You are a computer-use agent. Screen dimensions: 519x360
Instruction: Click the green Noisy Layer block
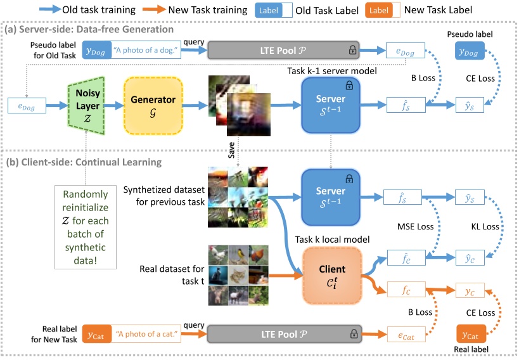pyautogui.click(x=87, y=106)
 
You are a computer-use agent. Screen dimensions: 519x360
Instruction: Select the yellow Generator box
pyautogui.click(x=153, y=106)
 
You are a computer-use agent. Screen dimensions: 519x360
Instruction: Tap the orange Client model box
pyautogui.click(x=332, y=276)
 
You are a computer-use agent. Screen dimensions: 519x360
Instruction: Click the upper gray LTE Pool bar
pyautogui.click(x=283, y=50)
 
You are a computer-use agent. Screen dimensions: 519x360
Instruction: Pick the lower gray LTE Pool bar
pyautogui.click(x=285, y=334)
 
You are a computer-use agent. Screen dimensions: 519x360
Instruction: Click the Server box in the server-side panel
pyautogui.click(x=331, y=105)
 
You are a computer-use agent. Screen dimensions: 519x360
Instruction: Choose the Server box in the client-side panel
pyautogui.click(x=331, y=197)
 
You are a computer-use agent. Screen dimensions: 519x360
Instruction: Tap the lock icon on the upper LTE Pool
pyautogui.click(x=352, y=50)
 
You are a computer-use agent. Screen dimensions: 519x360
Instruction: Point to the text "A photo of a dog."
pyautogui.click(x=146, y=50)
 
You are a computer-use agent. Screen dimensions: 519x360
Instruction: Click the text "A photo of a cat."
pyautogui.click(x=146, y=334)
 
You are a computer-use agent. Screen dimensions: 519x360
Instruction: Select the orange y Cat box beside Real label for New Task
pyautogui.click(x=96, y=334)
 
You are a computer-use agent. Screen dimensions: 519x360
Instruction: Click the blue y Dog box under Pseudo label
pyautogui.click(x=470, y=50)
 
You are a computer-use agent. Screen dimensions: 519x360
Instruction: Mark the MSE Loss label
pyautogui.click(x=416, y=226)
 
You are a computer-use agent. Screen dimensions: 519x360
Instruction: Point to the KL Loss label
pyautogui.click(x=485, y=226)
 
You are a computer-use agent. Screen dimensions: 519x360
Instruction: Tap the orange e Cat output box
pyautogui.click(x=406, y=335)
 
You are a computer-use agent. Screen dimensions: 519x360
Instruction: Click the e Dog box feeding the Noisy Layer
pyautogui.click(x=27, y=106)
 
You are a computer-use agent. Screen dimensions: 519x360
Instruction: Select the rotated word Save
pyautogui.click(x=231, y=150)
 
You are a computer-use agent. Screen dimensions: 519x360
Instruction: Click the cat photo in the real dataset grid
pyautogui.click(x=238, y=275)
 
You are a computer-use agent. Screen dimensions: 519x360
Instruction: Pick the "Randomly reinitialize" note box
pyautogui.click(x=86, y=227)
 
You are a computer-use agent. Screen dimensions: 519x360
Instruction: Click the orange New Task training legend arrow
pyautogui.click(x=154, y=10)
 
